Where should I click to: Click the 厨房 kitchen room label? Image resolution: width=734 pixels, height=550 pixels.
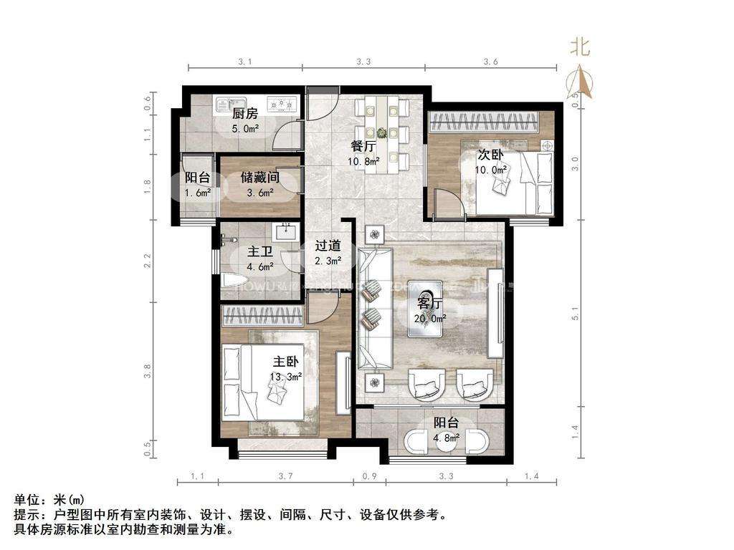coord(245,113)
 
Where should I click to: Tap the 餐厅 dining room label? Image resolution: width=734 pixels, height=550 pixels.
coord(363,145)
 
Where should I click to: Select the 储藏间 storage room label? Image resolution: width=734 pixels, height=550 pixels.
coord(259,177)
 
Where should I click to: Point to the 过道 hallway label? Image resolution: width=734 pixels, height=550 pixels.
coord(328,245)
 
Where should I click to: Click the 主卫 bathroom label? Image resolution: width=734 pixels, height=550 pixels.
coord(259,252)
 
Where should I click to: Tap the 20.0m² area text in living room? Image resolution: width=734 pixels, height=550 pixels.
coord(430,318)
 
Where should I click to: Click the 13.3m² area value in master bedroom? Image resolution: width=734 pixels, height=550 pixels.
coord(285,375)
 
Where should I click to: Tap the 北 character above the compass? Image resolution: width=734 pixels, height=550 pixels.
coord(579,47)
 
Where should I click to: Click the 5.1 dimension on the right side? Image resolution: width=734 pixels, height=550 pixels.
coord(575,314)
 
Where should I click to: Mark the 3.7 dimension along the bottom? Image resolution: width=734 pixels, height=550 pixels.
coord(285,476)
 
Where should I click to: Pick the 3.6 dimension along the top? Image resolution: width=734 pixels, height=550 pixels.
coord(490,62)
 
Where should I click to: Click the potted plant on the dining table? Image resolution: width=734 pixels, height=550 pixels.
coord(382,132)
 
